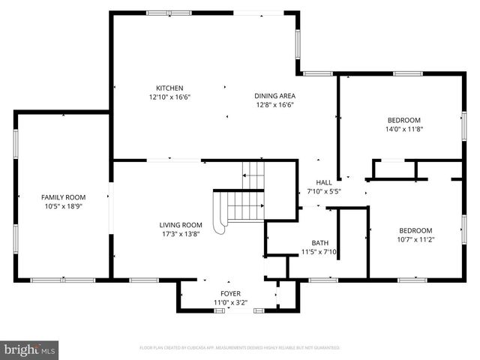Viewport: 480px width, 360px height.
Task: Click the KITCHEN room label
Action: (x=169, y=88)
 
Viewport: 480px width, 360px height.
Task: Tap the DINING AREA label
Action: (x=274, y=96)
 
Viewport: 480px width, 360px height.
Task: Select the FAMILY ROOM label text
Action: (x=64, y=196)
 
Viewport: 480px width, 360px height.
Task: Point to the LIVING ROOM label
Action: (x=181, y=225)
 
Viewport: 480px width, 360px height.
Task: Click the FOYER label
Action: (x=230, y=293)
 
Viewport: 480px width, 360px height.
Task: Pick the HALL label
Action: (x=323, y=182)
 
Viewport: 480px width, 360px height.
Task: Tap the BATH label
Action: (x=320, y=243)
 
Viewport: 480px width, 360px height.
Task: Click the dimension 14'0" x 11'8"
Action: (x=403, y=129)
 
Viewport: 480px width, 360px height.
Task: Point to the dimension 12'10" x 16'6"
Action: (x=169, y=97)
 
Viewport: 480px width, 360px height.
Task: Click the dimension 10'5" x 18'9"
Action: (x=64, y=205)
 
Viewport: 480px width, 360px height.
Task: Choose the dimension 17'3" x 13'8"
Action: (x=181, y=234)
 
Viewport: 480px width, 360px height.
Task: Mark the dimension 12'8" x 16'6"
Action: (x=274, y=105)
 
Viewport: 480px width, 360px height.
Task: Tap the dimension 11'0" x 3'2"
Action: (x=230, y=302)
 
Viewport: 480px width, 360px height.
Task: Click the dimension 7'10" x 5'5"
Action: (x=323, y=191)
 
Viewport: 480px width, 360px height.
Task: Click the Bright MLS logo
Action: (x=30, y=349)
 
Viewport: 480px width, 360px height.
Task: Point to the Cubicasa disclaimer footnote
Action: (x=240, y=348)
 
